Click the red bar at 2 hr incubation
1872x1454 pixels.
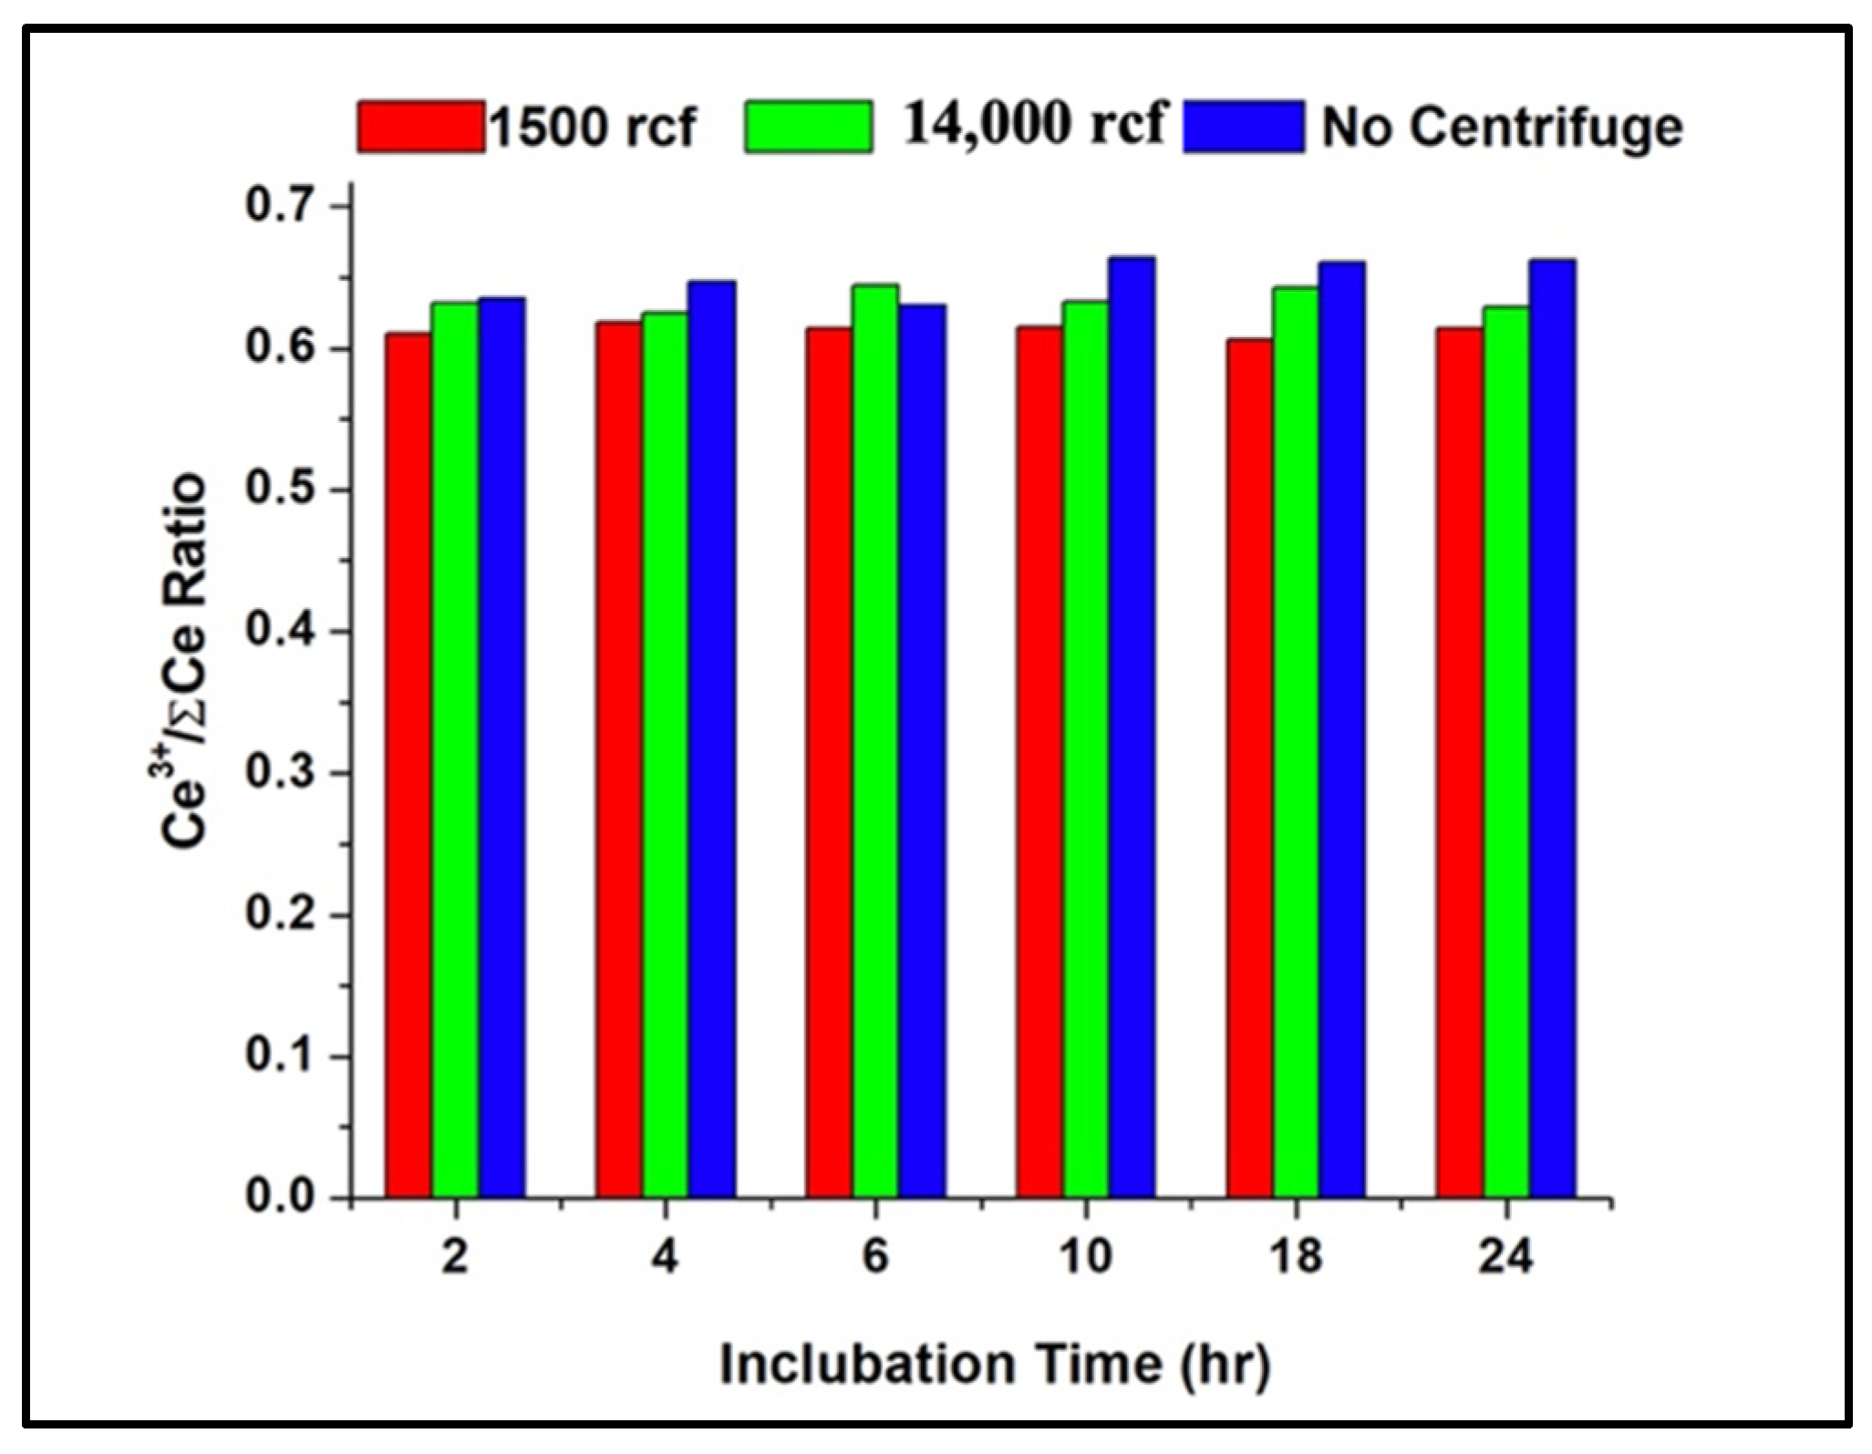tap(408, 766)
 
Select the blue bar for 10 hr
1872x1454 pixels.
tap(1132, 729)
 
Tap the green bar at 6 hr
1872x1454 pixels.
tap(874, 743)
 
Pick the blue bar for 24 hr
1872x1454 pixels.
tap(1552, 729)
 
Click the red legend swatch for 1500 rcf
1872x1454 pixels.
tap(420, 125)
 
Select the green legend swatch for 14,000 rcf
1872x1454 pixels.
tap(808, 125)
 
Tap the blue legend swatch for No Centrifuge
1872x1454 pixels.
tap(1244, 126)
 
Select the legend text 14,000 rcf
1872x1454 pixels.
tap(1033, 123)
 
